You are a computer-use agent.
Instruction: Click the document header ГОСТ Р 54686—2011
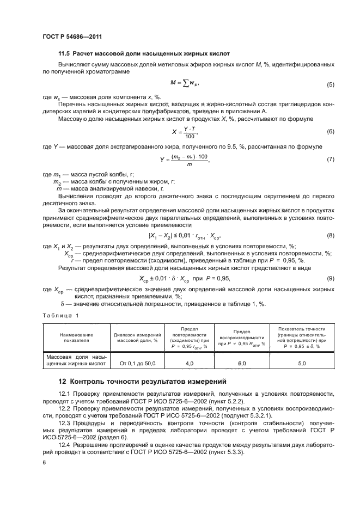72,37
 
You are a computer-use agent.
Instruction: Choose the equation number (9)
330,279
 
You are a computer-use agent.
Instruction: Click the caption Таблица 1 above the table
60,315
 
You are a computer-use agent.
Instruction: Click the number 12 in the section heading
63,381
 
